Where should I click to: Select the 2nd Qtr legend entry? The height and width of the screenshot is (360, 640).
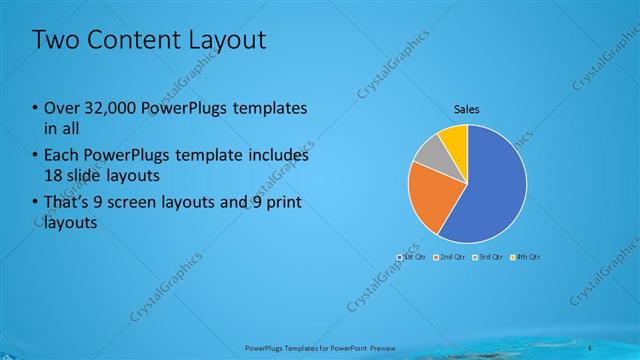[x=451, y=257]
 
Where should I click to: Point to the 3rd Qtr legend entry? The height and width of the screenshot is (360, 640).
[x=488, y=257]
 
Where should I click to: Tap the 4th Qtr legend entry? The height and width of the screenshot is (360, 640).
[x=525, y=257]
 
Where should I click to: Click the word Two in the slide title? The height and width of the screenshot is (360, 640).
[x=53, y=40]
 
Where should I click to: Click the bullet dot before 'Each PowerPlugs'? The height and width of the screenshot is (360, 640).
[x=35, y=157]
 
